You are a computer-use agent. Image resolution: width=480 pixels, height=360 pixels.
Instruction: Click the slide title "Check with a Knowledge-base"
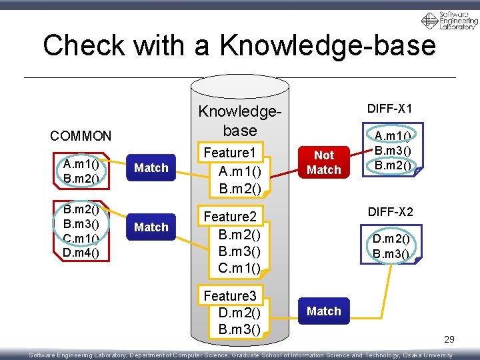coord(239,45)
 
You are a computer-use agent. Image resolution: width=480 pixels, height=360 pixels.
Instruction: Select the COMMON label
coord(81,136)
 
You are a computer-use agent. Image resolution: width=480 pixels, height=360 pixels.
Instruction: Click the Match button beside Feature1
coord(151,168)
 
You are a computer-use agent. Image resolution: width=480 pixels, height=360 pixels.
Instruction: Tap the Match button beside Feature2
coord(151,227)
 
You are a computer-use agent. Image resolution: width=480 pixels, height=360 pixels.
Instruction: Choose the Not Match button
coord(324,163)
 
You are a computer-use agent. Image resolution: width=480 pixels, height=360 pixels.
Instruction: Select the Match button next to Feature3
coord(324,311)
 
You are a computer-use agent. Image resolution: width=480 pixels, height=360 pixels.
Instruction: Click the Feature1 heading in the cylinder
coord(230,153)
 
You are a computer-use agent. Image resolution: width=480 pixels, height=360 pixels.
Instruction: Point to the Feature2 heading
coord(230,217)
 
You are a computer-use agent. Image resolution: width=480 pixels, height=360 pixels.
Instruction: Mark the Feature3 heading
coord(230,296)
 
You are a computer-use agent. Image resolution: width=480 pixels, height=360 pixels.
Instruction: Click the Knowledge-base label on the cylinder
coord(240,120)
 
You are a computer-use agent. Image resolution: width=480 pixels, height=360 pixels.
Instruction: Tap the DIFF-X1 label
coord(390,109)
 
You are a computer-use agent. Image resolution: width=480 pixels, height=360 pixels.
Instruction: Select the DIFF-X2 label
coord(390,213)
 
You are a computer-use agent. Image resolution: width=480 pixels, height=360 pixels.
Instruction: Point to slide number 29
coord(449,340)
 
